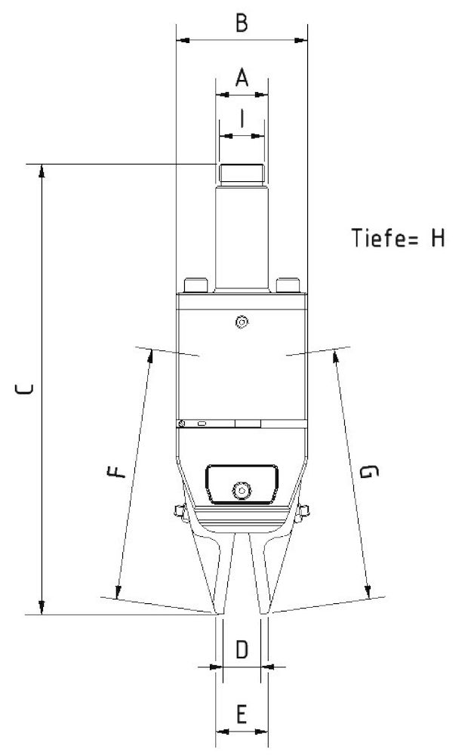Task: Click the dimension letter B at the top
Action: click(240, 23)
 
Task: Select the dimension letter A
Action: click(242, 78)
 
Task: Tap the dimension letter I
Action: click(242, 119)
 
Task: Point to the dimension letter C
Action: click(24, 390)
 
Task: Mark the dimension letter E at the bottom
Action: click(242, 713)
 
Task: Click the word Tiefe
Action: click(380, 238)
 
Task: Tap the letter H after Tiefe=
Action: click(437, 238)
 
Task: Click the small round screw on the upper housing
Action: click(242, 322)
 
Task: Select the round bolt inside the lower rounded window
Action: click(242, 490)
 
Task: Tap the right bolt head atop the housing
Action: click(288, 285)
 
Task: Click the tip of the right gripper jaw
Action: click(265, 609)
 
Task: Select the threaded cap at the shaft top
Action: click(242, 174)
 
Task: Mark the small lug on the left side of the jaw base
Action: click(179, 512)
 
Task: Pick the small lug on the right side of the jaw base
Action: click(303, 512)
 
